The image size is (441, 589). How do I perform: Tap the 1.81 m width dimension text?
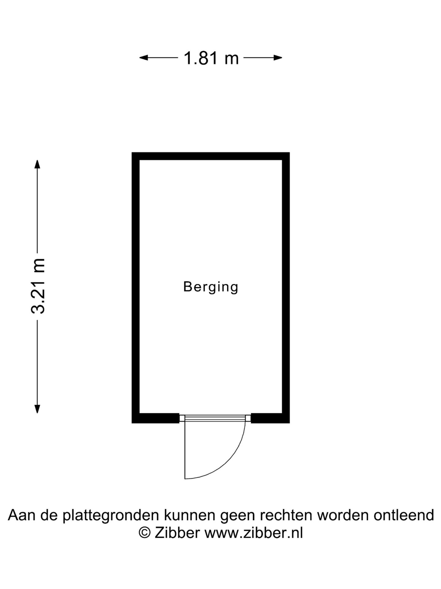click(x=211, y=58)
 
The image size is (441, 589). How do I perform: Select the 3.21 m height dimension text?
click(x=38, y=286)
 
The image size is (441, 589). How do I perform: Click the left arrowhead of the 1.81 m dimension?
click(x=143, y=57)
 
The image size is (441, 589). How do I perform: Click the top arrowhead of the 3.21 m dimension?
click(x=37, y=164)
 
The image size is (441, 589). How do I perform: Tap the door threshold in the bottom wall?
click(x=215, y=418)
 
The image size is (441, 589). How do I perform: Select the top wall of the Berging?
click(x=211, y=156)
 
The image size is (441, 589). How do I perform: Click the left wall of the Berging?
click(x=136, y=288)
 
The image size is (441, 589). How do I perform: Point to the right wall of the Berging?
click(x=286, y=288)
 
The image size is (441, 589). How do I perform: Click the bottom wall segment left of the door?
click(x=156, y=418)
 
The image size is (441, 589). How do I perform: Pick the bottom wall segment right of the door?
click(x=270, y=418)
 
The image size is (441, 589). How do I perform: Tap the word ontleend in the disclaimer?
click(x=404, y=515)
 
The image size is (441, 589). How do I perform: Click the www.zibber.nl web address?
click(x=254, y=533)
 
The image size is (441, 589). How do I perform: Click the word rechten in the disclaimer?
click(x=283, y=515)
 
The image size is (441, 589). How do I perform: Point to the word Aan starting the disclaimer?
click(x=21, y=515)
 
